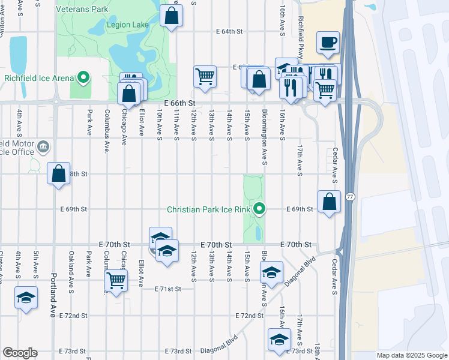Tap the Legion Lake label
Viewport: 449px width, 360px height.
[x=127, y=25]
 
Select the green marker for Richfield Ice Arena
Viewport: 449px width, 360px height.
[x=83, y=77]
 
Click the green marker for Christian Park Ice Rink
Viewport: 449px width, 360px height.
[x=259, y=209]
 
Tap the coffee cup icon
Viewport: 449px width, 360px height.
[x=328, y=42]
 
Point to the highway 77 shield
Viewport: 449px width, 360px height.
[x=351, y=197]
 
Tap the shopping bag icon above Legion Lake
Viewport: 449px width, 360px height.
[x=172, y=16]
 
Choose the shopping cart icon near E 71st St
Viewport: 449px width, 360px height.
[x=115, y=280]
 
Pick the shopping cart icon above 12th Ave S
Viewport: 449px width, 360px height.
[x=205, y=76]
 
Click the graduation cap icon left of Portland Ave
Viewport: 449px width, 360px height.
[x=26, y=298]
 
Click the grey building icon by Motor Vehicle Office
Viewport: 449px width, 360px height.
[x=43, y=146]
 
